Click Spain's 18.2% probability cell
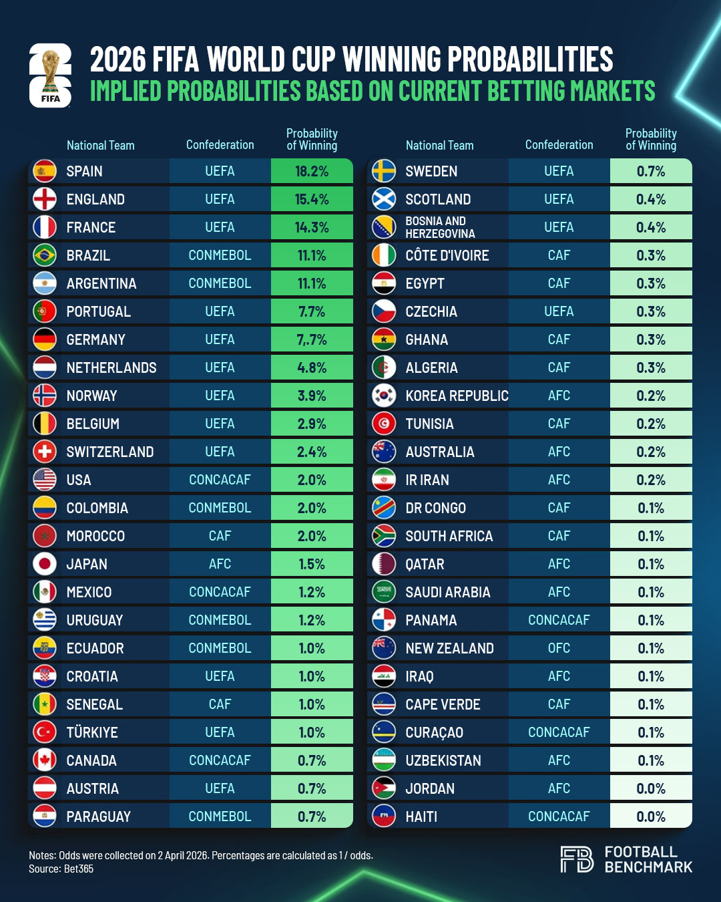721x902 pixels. pyautogui.click(x=312, y=171)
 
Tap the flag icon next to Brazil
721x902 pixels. pyautogui.click(x=45, y=255)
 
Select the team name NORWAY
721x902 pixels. pyautogui.click(x=91, y=396)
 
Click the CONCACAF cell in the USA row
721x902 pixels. pyautogui.click(x=220, y=480)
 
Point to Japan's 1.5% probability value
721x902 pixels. pyautogui.click(x=312, y=564)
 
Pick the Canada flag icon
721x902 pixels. pyautogui.click(x=45, y=760)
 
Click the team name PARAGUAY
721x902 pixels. pyautogui.click(x=98, y=816)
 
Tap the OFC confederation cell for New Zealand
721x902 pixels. pyautogui.click(x=559, y=648)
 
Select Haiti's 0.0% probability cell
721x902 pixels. pyautogui.click(x=651, y=816)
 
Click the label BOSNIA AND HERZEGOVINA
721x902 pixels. pyautogui.click(x=440, y=227)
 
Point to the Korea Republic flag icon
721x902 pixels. pyautogui.click(x=384, y=396)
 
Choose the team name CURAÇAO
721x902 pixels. pyautogui.click(x=434, y=732)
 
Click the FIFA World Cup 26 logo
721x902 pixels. pyautogui.click(x=50, y=76)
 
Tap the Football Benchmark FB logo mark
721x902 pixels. pyautogui.click(x=577, y=859)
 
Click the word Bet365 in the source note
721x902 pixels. pyautogui.click(x=79, y=869)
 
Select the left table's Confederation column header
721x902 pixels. pyautogui.click(x=220, y=145)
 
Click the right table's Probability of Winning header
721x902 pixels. pyautogui.click(x=651, y=139)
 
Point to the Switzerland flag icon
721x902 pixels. pyautogui.click(x=45, y=452)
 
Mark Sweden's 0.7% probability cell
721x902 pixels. pyautogui.click(x=651, y=171)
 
